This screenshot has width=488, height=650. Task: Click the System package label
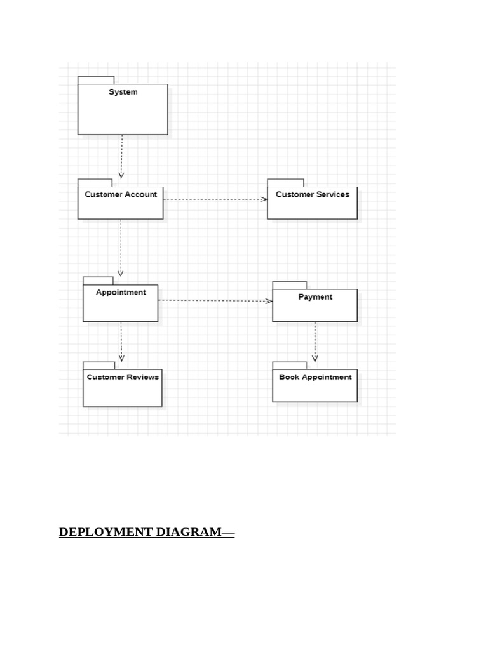tap(123, 92)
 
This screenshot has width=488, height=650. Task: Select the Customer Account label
tap(121, 194)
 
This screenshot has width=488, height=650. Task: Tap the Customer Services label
tap(313, 194)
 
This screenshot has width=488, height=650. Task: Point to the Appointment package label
tap(121, 293)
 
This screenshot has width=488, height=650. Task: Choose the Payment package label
tap(315, 297)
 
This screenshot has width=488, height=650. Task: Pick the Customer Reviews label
tap(123, 377)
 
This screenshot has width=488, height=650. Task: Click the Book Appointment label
tap(315, 377)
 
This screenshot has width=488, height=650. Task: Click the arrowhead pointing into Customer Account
tap(121, 175)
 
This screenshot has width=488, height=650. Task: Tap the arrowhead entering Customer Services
tap(264, 199)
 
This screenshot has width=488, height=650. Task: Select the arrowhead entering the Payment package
tap(269, 301)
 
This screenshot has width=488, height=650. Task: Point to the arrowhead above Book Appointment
tap(315, 358)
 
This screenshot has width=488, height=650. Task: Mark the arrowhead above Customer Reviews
tap(121, 358)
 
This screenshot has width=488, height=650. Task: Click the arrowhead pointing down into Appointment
tap(121, 273)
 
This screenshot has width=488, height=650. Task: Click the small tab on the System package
tap(96, 80)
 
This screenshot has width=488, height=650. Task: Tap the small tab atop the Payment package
tap(289, 285)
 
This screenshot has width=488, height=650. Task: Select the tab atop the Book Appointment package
tap(289, 366)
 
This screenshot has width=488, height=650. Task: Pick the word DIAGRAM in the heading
tap(189, 532)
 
